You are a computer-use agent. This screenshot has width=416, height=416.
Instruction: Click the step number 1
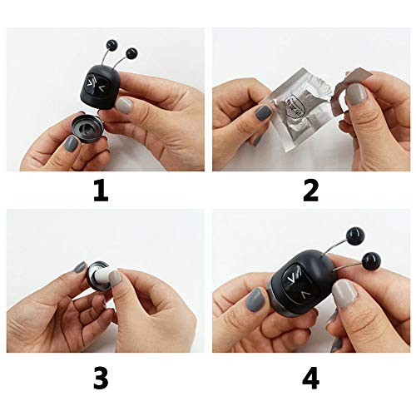101,191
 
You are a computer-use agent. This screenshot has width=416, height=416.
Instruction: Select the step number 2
310,191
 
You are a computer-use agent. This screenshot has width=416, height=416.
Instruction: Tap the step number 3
101,379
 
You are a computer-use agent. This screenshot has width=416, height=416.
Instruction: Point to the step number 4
310,379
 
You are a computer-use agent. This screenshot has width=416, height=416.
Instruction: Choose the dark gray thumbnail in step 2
264,111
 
